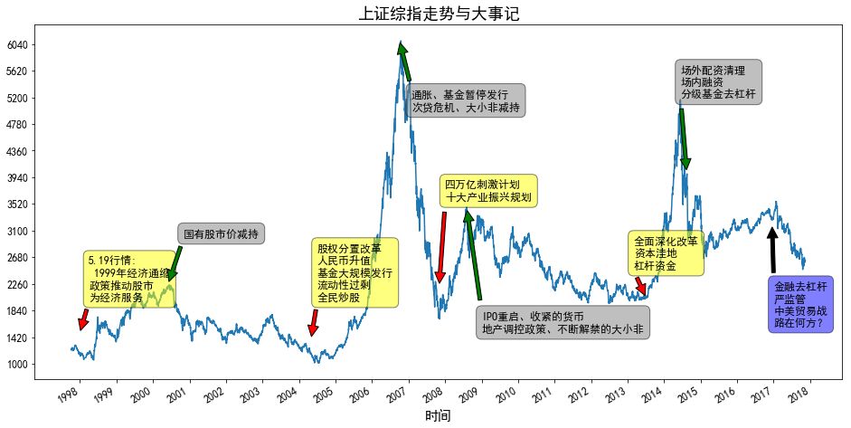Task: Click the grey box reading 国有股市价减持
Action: (x=221, y=234)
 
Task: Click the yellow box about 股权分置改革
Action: (x=355, y=272)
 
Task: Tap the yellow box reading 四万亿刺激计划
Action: (x=488, y=191)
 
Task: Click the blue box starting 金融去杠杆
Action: (x=800, y=304)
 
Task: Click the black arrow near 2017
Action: (x=772, y=249)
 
